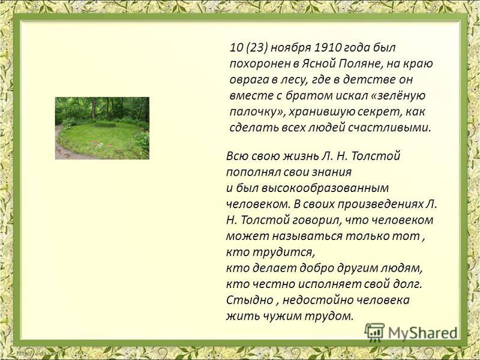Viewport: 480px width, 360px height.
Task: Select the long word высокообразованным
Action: (x=325, y=188)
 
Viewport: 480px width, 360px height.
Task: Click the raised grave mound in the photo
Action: (x=104, y=125)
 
